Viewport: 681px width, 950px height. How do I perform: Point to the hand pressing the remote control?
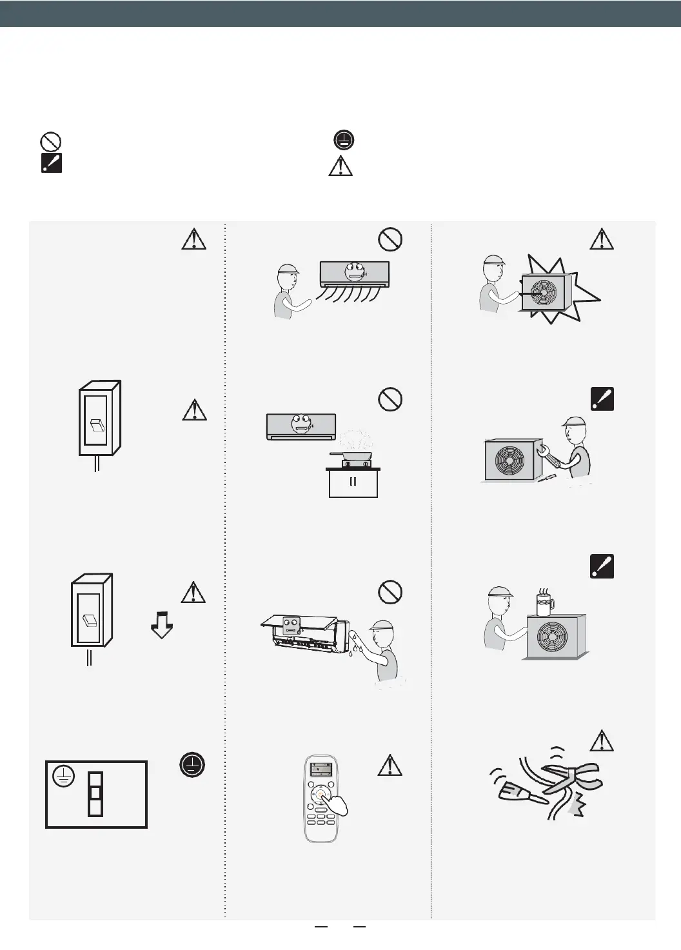tap(336, 806)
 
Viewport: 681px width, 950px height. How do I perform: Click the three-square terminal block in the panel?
tap(95, 793)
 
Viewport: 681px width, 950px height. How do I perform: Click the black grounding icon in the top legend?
tap(344, 141)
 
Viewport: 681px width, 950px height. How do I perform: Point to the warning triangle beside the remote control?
tap(390, 765)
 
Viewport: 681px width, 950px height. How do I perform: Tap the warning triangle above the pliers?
tap(601, 741)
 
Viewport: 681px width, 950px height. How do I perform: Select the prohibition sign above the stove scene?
tap(390, 400)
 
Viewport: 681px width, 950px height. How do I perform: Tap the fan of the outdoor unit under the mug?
tap(554, 637)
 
